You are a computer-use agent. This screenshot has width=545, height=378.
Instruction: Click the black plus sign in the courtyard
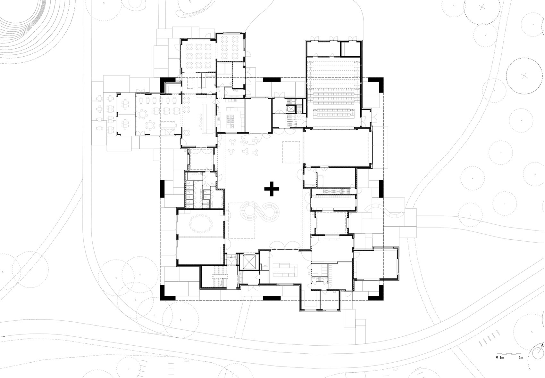272,189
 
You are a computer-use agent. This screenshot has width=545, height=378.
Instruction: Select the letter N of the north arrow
542,345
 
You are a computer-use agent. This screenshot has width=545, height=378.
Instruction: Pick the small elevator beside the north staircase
291,109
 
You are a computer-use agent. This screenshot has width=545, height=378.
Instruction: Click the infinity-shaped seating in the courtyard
259,211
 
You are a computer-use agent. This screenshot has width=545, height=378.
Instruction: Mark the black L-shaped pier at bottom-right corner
377,294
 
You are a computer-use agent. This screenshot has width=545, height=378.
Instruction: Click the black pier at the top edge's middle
272,79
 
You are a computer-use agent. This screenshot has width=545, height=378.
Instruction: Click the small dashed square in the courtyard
291,152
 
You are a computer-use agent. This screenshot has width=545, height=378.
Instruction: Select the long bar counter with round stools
204,118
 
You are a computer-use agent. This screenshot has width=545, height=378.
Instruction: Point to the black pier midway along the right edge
382,189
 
